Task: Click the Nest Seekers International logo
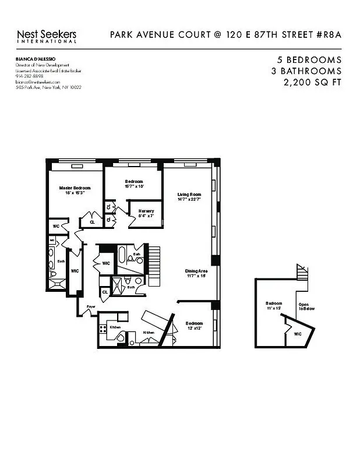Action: tap(47, 36)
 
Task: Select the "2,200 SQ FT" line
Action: tap(311, 83)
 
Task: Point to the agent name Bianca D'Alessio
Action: tap(34, 60)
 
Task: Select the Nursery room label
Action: tap(146, 213)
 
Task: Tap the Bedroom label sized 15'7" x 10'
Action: tap(134, 183)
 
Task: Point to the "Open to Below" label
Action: tap(306, 306)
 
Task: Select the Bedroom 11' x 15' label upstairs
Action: tap(274, 306)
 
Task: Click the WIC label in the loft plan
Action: tap(297, 334)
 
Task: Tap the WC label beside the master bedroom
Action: tap(57, 225)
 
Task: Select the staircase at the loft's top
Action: tap(301, 271)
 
